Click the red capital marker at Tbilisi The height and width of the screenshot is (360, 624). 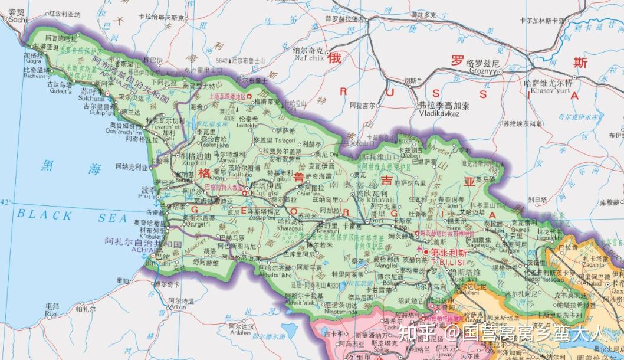pos(426,253)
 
